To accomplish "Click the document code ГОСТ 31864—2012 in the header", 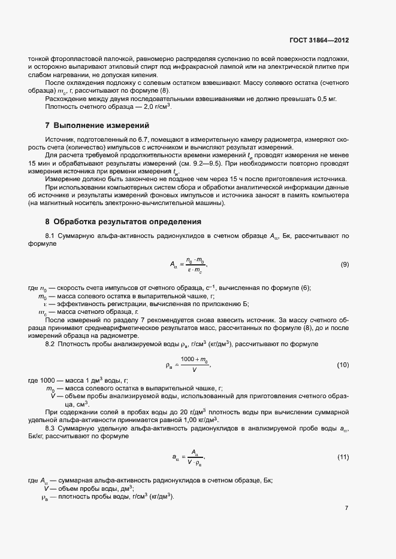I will [x=318, y=40].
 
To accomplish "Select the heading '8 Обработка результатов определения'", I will [x=123, y=222].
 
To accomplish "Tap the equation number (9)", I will [x=344, y=264].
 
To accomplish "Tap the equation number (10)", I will [x=343, y=365].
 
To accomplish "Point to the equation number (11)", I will [x=343, y=457].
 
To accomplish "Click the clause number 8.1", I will [x=50, y=237].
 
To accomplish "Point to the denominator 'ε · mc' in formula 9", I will [x=195, y=270].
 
